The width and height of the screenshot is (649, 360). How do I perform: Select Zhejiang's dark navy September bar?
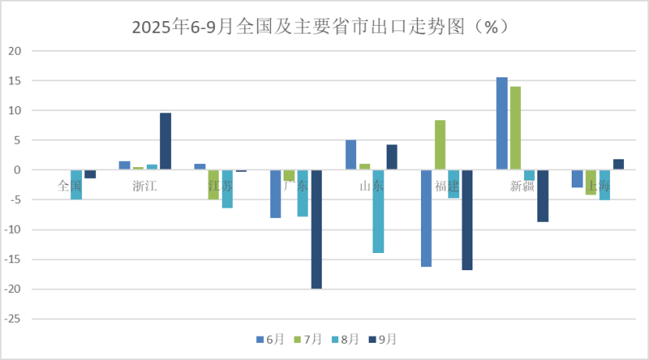[x=166, y=141]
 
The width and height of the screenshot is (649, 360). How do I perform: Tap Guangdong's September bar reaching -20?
[x=316, y=229]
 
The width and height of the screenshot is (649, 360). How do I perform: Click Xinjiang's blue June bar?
[x=501, y=123]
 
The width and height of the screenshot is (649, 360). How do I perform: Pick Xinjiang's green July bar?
[x=515, y=128]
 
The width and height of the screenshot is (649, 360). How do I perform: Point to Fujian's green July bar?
[x=440, y=144]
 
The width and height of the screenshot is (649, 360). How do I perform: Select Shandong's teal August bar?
[x=378, y=211]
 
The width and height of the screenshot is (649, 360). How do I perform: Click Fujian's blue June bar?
[x=426, y=218]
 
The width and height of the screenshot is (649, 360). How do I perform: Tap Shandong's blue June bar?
[x=351, y=155]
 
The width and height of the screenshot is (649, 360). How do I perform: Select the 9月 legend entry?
[x=383, y=339]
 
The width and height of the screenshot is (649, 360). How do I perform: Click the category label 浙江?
[x=144, y=186]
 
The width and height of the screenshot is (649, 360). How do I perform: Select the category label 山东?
[x=371, y=186]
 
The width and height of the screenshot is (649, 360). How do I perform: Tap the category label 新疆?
[x=522, y=186]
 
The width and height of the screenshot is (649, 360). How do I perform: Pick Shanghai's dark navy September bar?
[x=619, y=165]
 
